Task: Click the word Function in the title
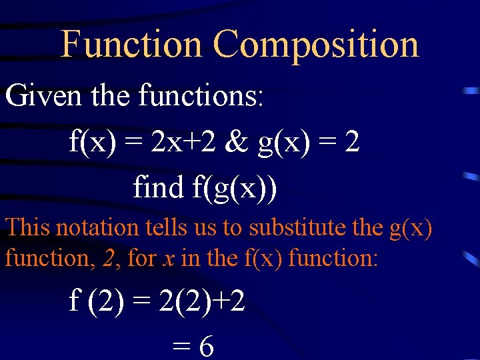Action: point(131,45)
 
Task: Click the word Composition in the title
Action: point(316,45)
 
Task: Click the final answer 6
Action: point(206,347)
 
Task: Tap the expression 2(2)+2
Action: point(201,302)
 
